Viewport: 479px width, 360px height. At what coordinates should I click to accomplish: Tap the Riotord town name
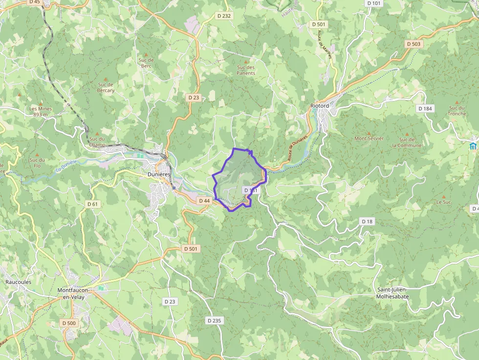[x=320, y=106]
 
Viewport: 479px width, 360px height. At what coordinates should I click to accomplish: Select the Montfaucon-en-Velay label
[x=74, y=293]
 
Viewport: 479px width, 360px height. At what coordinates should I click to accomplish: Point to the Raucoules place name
[x=18, y=282]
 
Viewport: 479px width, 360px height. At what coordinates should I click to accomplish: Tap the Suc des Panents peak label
[x=246, y=70]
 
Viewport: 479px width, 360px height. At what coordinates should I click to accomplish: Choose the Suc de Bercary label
[x=106, y=87]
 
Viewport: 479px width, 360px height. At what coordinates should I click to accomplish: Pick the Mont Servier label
[x=369, y=138]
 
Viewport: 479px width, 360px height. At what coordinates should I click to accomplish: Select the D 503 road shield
[x=413, y=44]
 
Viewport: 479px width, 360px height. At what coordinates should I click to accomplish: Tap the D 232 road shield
[x=223, y=16]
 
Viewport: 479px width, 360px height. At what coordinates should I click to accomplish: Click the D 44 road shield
[x=204, y=201]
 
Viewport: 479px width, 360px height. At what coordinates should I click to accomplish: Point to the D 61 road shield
[x=93, y=204]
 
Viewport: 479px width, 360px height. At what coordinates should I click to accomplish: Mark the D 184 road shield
[x=425, y=108]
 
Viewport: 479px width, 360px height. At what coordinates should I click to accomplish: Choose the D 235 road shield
[x=214, y=320]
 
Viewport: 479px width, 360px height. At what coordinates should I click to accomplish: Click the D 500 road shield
[x=69, y=323]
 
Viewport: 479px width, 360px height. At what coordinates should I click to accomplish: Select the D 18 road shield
[x=367, y=221]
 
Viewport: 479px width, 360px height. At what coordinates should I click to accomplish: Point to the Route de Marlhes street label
[x=325, y=44]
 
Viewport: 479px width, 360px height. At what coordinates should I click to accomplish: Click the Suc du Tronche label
[x=457, y=111]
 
